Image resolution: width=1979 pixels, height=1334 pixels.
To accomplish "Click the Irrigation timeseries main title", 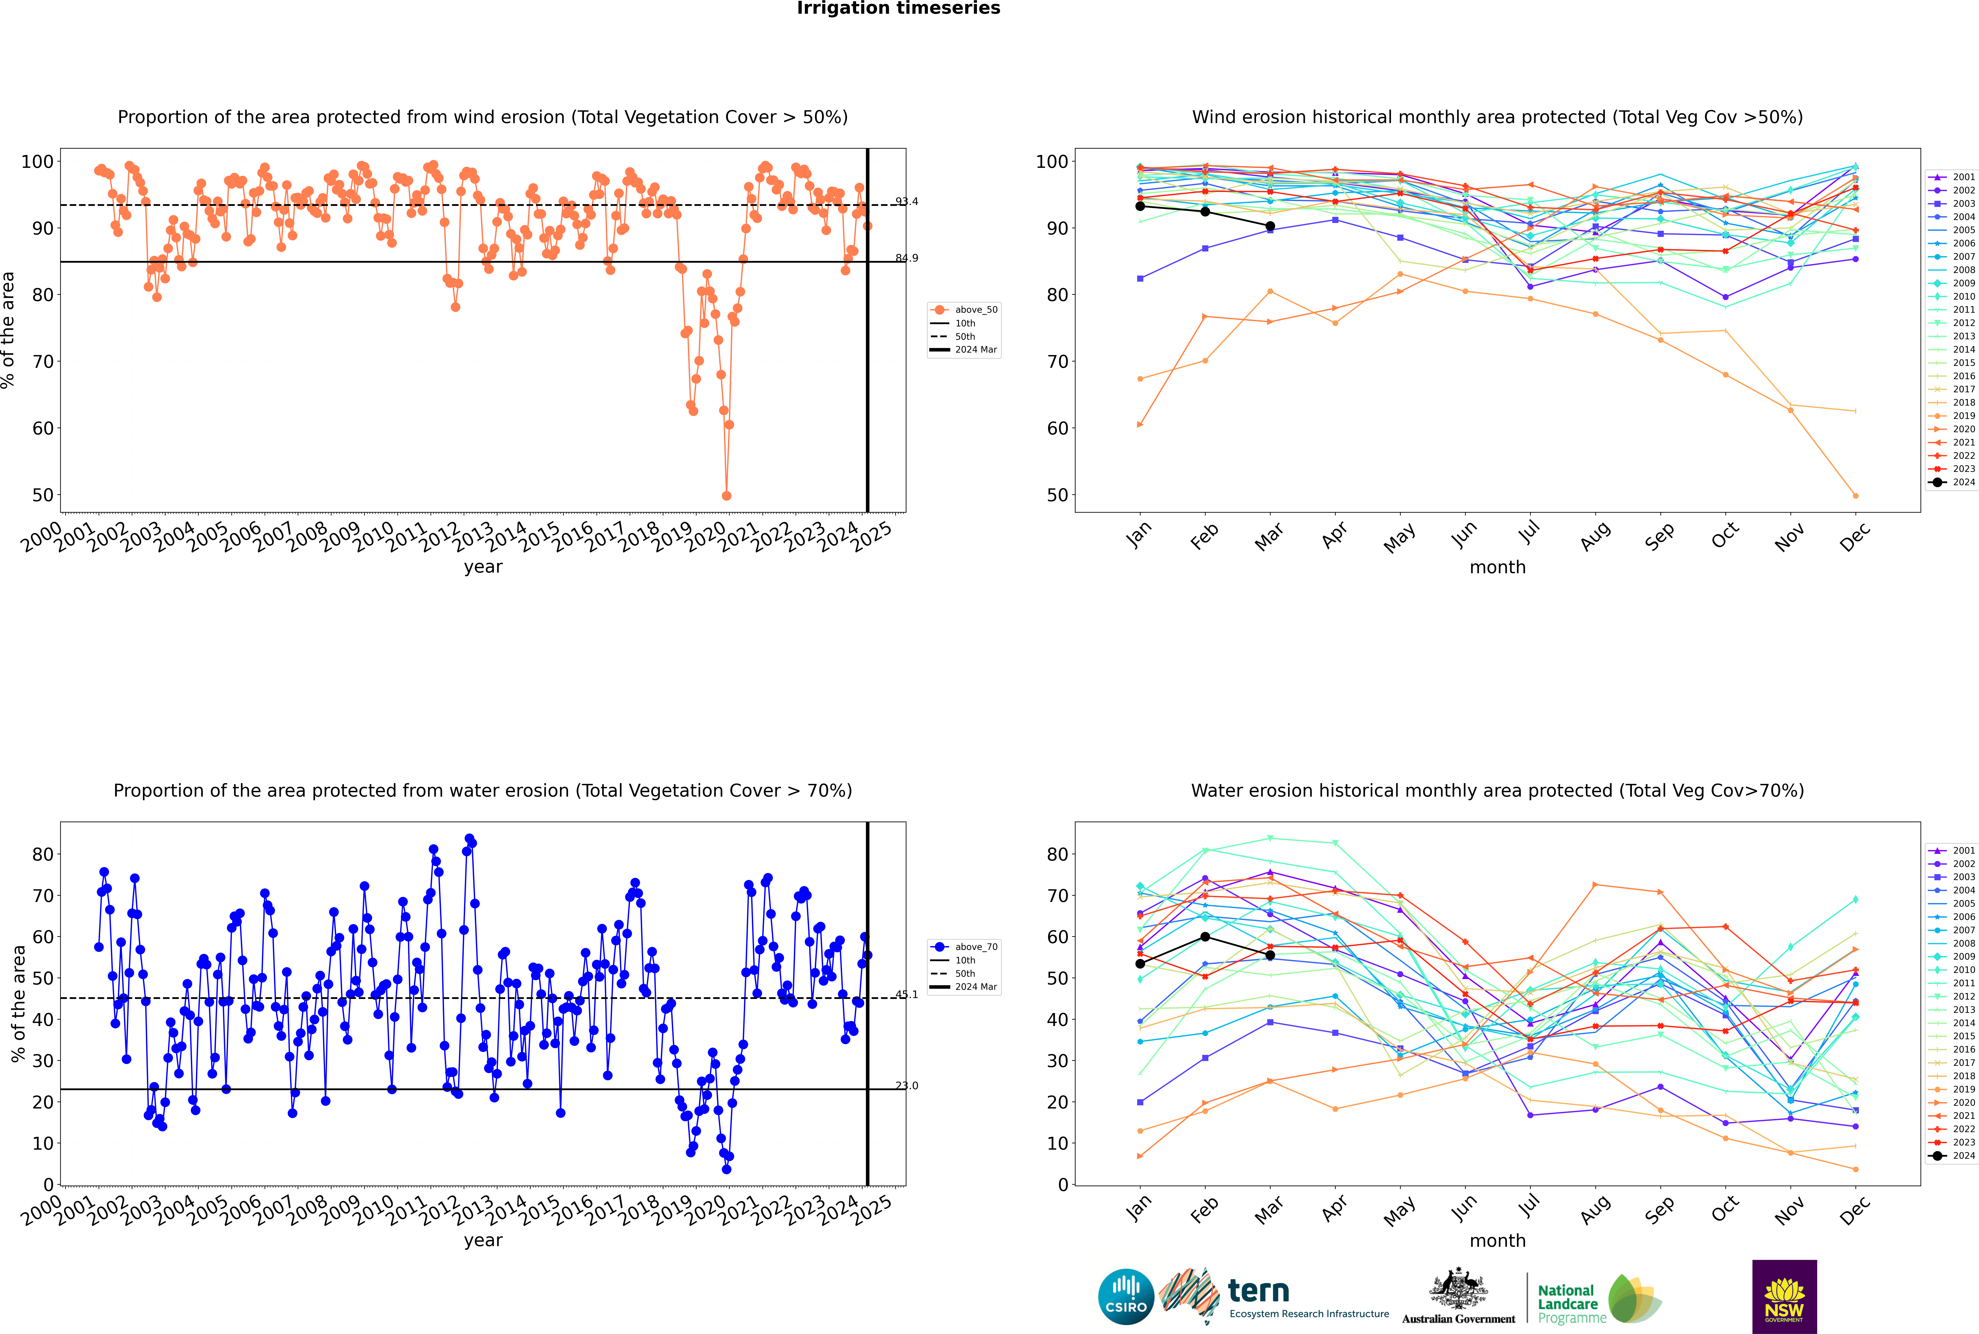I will (x=898, y=8).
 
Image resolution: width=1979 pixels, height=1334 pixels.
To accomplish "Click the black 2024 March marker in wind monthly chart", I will (x=1270, y=226).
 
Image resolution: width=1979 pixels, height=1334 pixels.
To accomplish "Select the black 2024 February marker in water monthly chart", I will (x=1205, y=937).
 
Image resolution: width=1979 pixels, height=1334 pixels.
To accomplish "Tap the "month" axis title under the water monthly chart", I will (x=1497, y=1240).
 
